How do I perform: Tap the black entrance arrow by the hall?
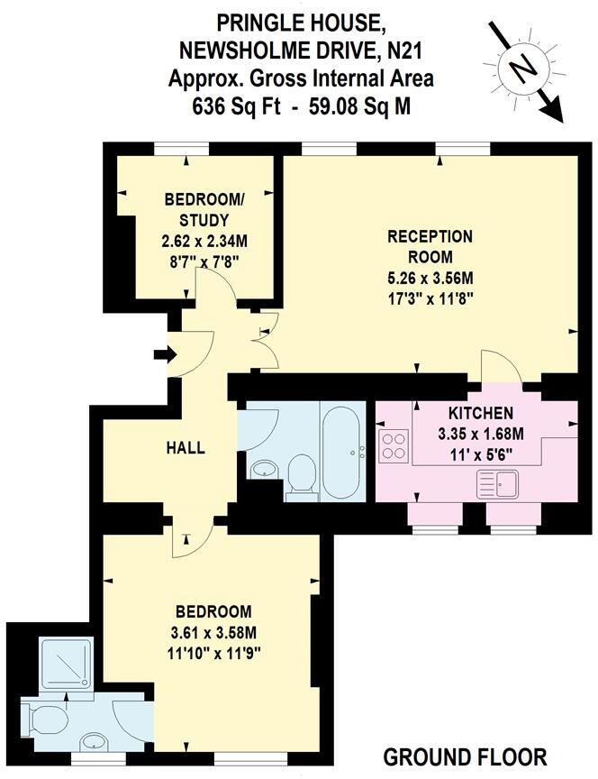tap(164, 355)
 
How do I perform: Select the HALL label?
tap(185, 448)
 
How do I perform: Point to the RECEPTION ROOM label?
tap(430, 246)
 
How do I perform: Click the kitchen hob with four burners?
tap(394, 444)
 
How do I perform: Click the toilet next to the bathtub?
tap(301, 476)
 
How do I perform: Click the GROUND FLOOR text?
tap(465, 756)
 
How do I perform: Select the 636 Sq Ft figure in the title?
tap(234, 105)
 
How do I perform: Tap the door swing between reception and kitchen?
tap(499, 366)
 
